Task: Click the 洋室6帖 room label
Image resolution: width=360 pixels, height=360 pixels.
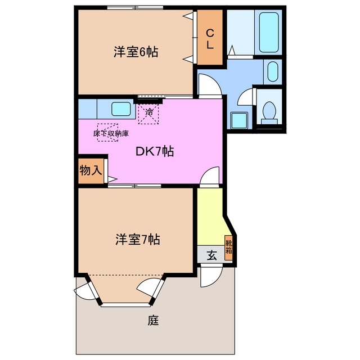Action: (x=135, y=52)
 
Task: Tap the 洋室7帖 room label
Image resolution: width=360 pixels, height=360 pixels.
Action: (x=137, y=239)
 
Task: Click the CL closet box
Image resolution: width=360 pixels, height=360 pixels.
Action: (x=209, y=38)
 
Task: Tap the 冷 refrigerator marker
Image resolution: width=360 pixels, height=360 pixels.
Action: (x=149, y=112)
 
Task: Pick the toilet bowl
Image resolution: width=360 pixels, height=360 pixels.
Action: (x=268, y=110)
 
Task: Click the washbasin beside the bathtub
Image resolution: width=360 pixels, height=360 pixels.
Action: (x=272, y=71)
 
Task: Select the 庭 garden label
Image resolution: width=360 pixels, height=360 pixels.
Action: (x=153, y=321)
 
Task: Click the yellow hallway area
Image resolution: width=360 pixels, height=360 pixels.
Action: (x=211, y=217)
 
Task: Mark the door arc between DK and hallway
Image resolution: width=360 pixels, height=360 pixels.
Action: (x=209, y=175)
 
